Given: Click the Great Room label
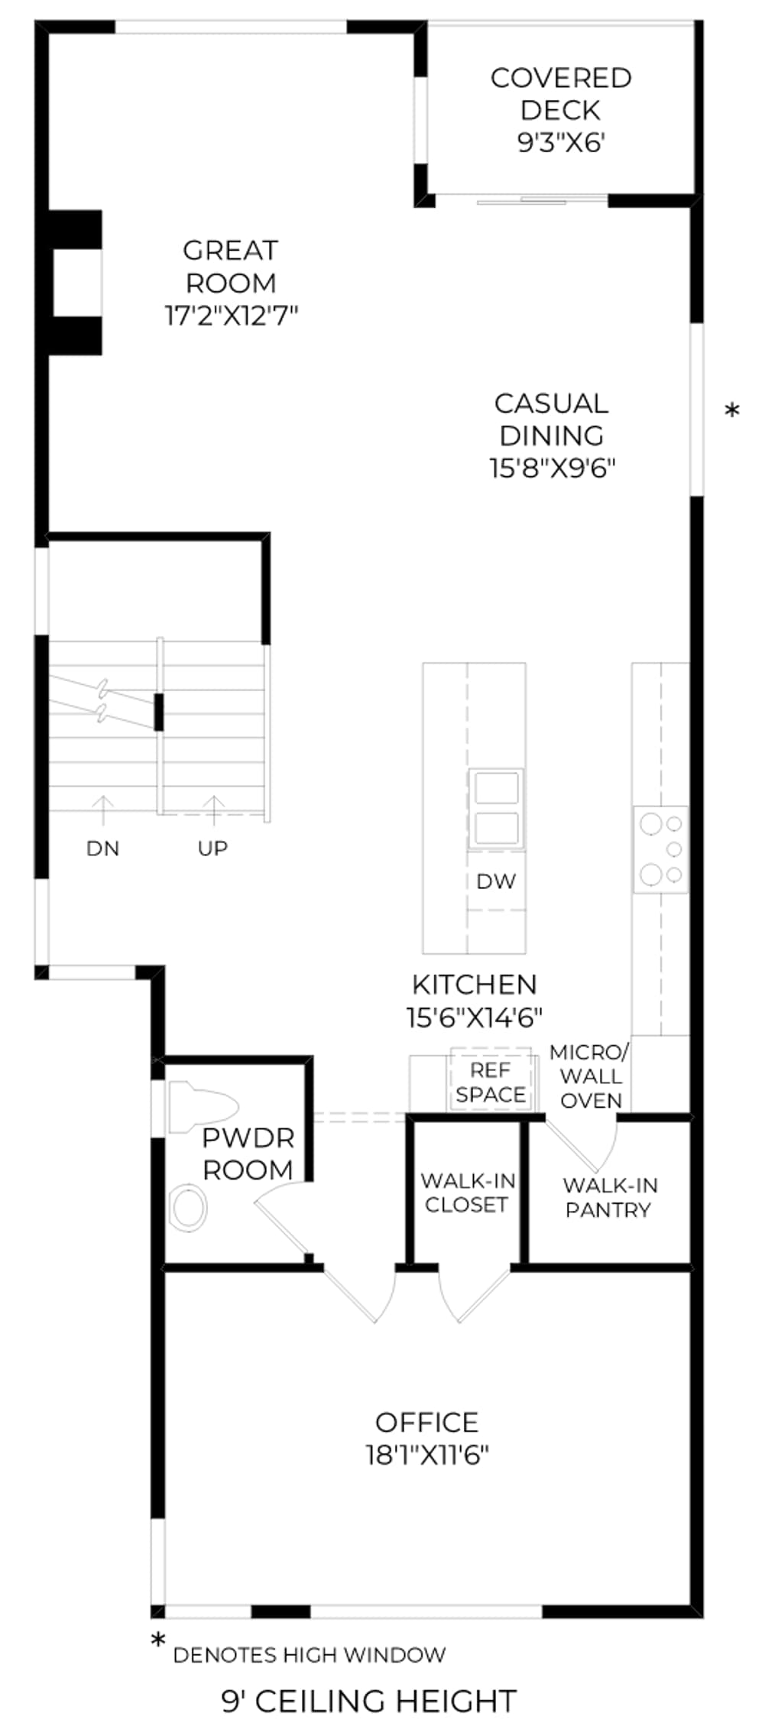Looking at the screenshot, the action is (x=231, y=267).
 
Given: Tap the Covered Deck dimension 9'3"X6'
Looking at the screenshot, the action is (x=562, y=142).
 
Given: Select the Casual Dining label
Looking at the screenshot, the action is (x=552, y=419).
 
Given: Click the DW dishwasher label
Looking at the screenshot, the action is (x=496, y=881).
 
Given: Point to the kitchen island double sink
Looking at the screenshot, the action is (x=497, y=809).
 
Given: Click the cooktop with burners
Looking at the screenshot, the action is (x=660, y=849).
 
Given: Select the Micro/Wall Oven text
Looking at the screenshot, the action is (x=590, y=1076).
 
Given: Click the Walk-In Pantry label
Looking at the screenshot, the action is (x=610, y=1197).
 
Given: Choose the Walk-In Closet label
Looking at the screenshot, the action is (x=467, y=1193).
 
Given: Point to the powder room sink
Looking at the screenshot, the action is (x=188, y=1208).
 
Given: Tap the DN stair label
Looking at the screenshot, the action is (x=102, y=848).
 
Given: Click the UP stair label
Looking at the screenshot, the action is (x=212, y=848).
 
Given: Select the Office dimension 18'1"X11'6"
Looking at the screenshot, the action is (x=427, y=1454).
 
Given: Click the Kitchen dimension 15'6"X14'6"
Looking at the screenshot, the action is (x=475, y=1017).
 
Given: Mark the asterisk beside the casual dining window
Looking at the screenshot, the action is (x=732, y=411).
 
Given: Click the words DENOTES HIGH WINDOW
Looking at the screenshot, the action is (x=310, y=1656).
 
